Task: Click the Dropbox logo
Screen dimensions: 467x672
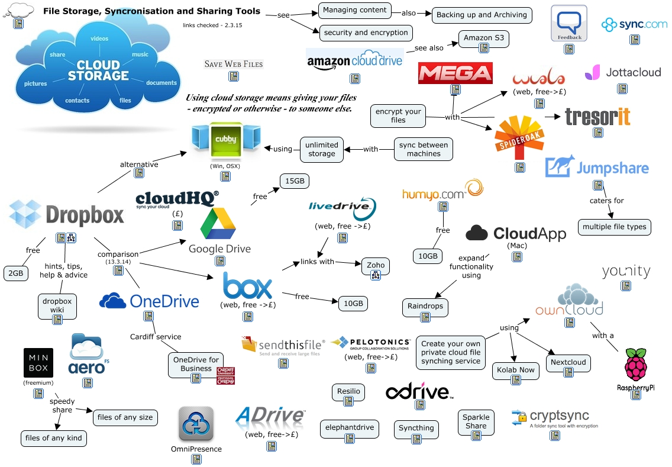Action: [67, 214]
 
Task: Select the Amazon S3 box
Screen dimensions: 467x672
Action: [483, 38]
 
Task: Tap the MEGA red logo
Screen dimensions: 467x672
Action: [455, 73]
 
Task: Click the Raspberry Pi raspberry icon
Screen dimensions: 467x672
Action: [636, 365]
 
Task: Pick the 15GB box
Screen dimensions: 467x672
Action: [295, 181]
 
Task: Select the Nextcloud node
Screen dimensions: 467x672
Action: [568, 362]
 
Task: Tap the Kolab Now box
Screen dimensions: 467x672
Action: [516, 370]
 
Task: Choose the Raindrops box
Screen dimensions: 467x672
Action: [425, 307]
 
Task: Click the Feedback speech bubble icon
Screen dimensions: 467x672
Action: [569, 24]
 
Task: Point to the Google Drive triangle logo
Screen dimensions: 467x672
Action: [218, 224]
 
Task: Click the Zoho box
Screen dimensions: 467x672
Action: [376, 265]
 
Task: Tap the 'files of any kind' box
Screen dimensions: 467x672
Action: [53, 438]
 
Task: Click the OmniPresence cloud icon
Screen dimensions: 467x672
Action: [196, 424]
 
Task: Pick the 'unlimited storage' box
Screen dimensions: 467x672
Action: [321, 149]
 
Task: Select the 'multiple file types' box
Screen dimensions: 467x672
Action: [615, 227]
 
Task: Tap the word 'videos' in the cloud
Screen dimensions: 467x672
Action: [99, 38]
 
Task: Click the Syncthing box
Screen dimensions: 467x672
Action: [416, 428]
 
